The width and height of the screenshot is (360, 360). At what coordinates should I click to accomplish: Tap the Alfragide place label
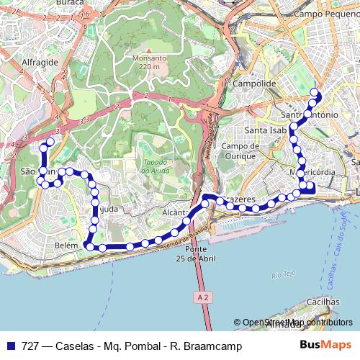(x=40, y=63)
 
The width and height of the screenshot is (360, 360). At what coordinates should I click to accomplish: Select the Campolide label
(x=255, y=84)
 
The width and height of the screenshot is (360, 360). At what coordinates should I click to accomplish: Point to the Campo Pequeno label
(x=321, y=13)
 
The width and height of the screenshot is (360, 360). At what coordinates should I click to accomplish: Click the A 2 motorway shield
(x=205, y=296)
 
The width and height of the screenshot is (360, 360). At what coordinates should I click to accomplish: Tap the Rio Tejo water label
(x=285, y=274)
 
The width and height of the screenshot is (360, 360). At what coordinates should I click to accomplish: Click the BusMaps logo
(x=325, y=346)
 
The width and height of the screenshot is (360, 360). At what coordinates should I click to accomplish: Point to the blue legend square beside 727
(x=10, y=346)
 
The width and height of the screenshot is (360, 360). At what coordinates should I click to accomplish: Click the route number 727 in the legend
(x=30, y=346)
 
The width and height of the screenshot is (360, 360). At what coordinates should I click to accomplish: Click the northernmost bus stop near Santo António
(x=314, y=91)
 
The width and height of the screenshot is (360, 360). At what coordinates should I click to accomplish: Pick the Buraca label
(x=71, y=3)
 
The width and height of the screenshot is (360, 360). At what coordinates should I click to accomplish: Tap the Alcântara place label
(x=175, y=213)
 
